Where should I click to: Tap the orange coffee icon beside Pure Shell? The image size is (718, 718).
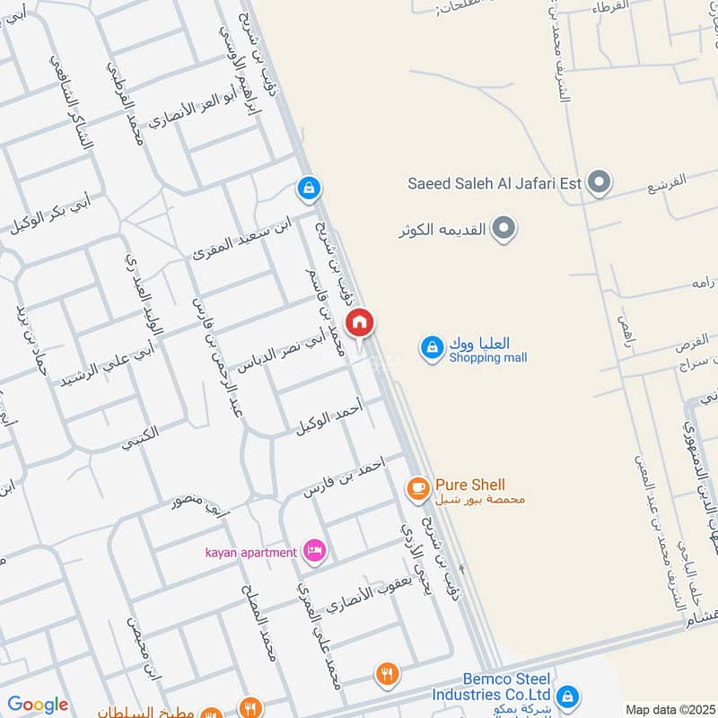click(417, 487)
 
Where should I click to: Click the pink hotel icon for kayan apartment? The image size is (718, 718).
click(314, 551)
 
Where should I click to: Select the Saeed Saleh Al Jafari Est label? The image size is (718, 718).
click(495, 185)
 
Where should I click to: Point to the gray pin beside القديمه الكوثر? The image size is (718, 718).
click(505, 229)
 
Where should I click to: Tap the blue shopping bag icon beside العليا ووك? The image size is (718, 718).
click(433, 347)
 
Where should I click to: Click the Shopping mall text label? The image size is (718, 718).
click(487, 358)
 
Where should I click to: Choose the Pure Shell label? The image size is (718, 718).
click(469, 485)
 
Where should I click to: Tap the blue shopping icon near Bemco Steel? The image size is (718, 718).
click(567, 696)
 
